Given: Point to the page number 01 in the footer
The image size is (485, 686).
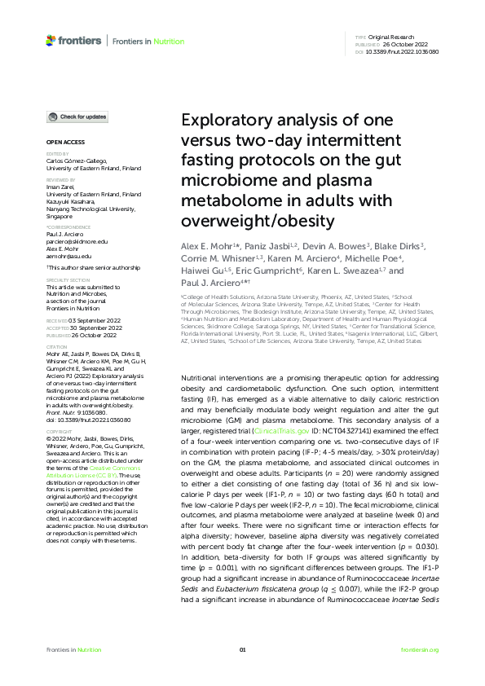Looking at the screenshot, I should tap(242, 649).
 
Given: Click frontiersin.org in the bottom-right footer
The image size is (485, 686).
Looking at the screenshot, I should tap(421, 649).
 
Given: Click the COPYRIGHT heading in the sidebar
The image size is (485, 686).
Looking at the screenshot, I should tap(60, 431).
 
